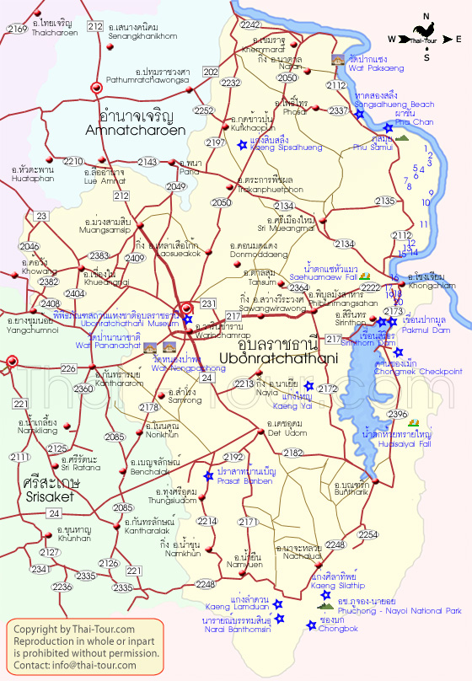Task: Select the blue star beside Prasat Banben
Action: pyautogui.click(x=208, y=475)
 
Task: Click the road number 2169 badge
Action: pyautogui.click(x=17, y=29)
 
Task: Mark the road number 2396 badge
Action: pyautogui.click(x=397, y=414)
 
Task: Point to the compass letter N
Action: pyautogui.click(x=427, y=16)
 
